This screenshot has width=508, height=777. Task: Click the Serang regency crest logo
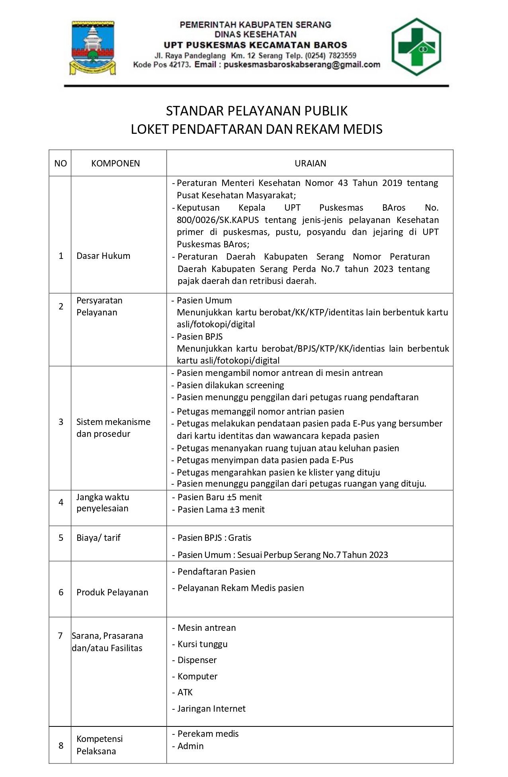tap(93, 48)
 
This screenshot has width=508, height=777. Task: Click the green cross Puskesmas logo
tap(416, 47)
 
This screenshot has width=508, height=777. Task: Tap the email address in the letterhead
tap(302, 65)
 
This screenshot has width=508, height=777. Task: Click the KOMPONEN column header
tap(115, 163)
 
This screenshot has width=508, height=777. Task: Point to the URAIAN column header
tap(310, 163)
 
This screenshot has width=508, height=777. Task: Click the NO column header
tap(61, 163)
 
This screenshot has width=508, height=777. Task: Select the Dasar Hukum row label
tap(103, 256)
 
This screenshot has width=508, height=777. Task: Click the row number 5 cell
tap(61, 538)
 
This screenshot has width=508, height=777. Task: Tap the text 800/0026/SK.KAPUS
tap(218, 220)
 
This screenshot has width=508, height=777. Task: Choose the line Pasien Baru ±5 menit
tap(219, 497)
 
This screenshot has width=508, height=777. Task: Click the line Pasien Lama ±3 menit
tap(221, 509)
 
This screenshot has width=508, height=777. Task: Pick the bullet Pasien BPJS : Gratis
tap(214, 538)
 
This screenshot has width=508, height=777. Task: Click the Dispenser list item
tap(197, 660)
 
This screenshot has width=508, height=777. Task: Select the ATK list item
tap(185, 692)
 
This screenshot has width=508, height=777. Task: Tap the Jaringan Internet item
tap(211, 708)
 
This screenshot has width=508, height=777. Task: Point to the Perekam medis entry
tap(208, 734)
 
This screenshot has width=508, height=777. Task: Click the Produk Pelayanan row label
tap(112, 592)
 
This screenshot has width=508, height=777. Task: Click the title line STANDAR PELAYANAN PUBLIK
tap(257, 111)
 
